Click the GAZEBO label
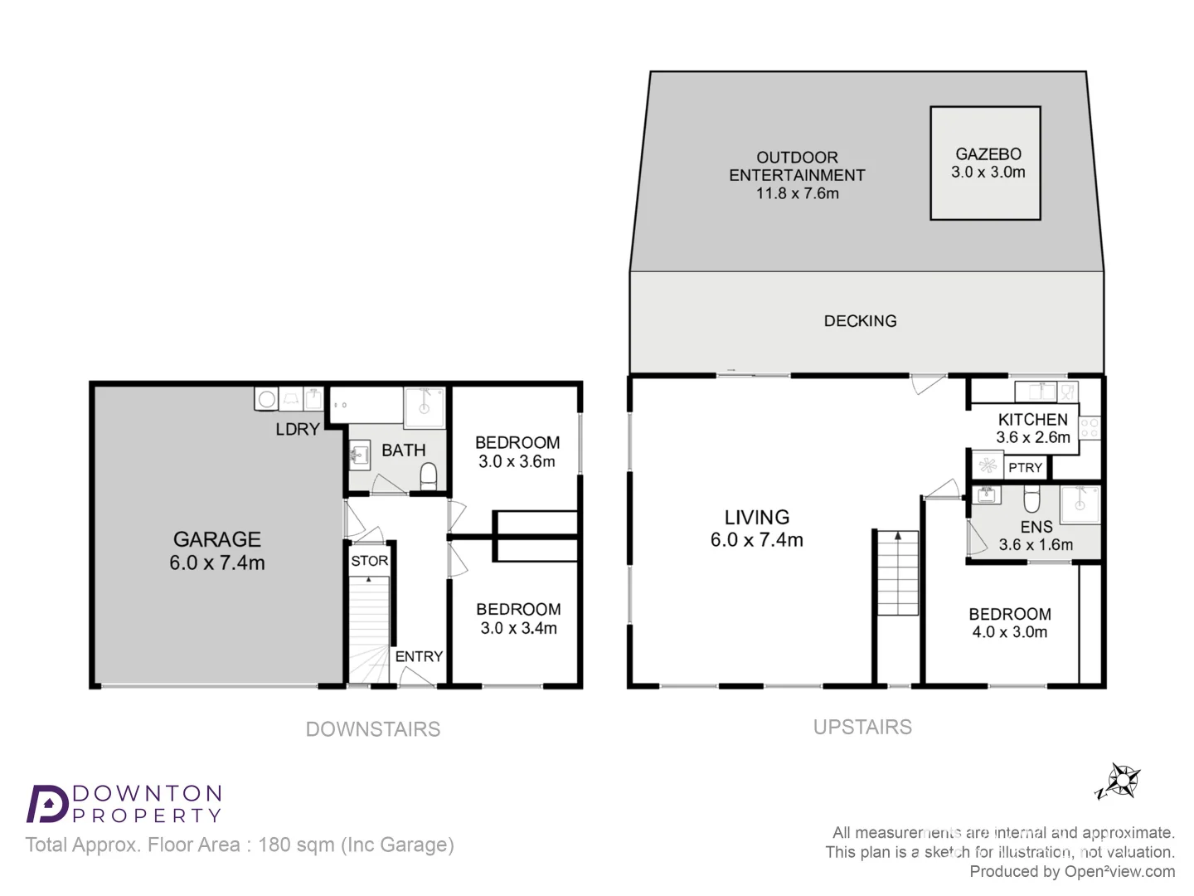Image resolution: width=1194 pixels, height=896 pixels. point(988,154)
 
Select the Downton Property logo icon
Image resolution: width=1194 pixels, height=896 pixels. point(47,803)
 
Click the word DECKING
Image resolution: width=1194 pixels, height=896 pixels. point(860,321)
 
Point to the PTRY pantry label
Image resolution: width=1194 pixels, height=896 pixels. point(1025,468)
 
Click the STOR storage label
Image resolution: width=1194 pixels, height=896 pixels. point(369,561)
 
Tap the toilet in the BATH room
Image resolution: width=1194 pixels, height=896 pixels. point(429,476)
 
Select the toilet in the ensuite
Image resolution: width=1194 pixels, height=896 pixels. point(1031,500)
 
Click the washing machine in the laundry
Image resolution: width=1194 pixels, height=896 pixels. point(266,399)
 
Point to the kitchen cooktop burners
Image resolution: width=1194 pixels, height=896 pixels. point(1090,428)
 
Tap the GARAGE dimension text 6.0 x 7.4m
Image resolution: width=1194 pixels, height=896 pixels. point(217,563)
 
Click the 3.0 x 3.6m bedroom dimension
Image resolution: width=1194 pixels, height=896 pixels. point(517,462)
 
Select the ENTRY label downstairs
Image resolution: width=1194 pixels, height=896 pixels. point(419,656)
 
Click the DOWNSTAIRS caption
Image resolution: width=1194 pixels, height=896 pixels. point(373,729)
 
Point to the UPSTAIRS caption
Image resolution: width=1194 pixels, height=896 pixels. point(862,728)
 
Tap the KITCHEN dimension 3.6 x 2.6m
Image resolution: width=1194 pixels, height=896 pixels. point(1033,437)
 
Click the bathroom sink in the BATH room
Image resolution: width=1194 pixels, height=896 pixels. point(359,455)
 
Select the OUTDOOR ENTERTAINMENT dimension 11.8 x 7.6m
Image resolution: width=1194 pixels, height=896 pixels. point(797,193)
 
